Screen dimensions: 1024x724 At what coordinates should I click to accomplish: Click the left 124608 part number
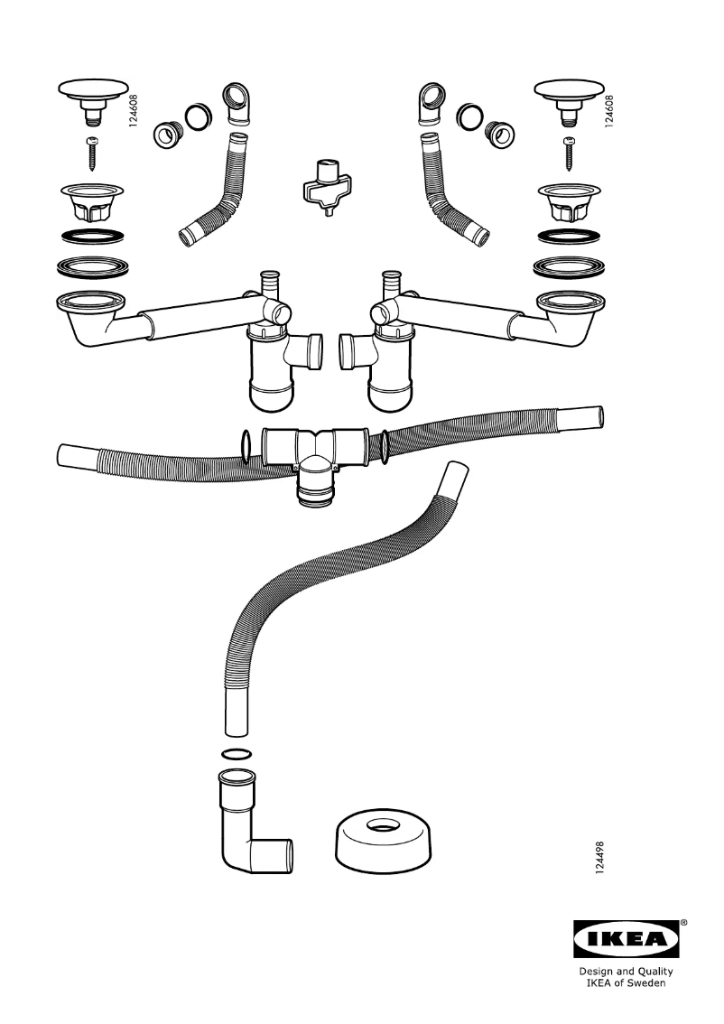(134, 106)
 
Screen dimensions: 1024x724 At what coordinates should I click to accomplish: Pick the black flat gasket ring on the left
(92, 238)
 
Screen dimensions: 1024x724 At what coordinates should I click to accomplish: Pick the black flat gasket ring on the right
(569, 238)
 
